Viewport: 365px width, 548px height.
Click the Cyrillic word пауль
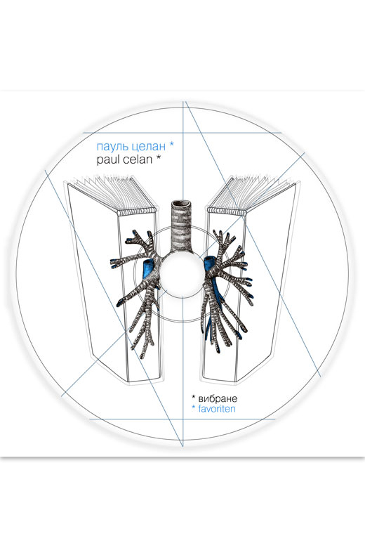111,145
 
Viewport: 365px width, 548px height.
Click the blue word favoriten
217,409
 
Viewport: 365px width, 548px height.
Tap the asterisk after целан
171,144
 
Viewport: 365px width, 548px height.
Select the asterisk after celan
158,158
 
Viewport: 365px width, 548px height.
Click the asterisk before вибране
194,398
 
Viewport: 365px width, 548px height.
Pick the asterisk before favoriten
194,407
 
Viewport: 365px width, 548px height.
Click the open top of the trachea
182,204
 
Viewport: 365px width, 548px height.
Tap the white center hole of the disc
182,273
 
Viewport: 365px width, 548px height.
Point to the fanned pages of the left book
112,193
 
